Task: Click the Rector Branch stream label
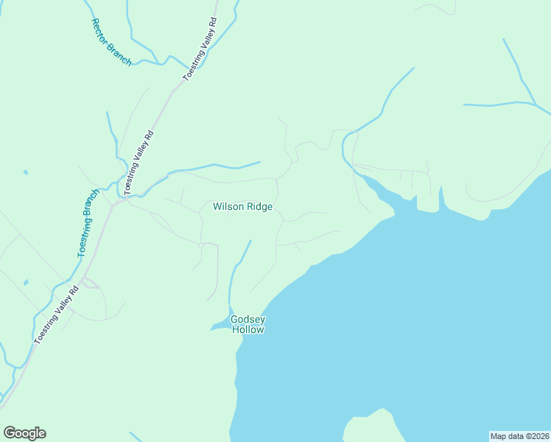[x=110, y=42]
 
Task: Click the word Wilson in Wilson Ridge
[x=228, y=207]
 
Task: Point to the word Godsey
[x=248, y=320]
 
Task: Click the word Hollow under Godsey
[x=248, y=330]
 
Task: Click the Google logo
[x=24, y=433]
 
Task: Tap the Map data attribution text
[x=519, y=436]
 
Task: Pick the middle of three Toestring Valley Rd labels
[x=138, y=163]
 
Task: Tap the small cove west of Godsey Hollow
[x=220, y=326]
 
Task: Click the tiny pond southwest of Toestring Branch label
[x=27, y=282]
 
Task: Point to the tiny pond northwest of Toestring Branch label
[x=25, y=172]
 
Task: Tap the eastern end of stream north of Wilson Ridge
[x=259, y=162]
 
